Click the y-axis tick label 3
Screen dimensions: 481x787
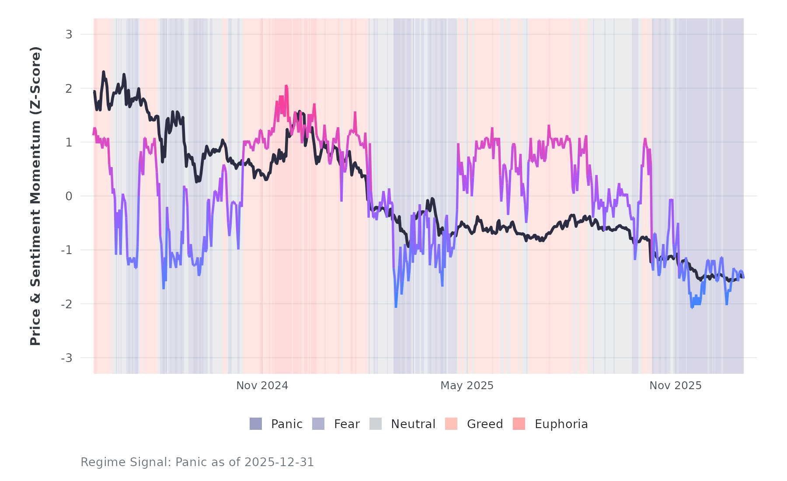(69, 35)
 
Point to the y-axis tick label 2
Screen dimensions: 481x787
(69, 88)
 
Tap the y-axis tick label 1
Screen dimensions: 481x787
(69, 143)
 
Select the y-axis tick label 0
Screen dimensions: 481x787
(69, 196)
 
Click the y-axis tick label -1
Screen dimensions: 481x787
(67, 250)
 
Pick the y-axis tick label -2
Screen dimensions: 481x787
(67, 304)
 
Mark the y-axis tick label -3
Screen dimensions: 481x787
(67, 358)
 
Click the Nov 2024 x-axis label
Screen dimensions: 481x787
(262, 386)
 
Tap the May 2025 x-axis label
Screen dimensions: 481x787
(467, 386)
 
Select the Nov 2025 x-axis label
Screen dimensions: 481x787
(676, 386)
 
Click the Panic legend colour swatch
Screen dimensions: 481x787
(256, 424)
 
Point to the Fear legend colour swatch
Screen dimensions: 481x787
(318, 424)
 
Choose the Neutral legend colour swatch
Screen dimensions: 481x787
(376, 424)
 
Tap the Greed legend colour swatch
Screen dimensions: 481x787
(451, 424)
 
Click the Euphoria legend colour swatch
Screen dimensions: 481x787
(519, 424)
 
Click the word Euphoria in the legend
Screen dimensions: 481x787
(561, 424)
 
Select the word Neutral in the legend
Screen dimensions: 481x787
(413, 424)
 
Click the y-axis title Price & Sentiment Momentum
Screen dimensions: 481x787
(35, 196)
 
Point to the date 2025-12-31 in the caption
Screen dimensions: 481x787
(279, 462)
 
